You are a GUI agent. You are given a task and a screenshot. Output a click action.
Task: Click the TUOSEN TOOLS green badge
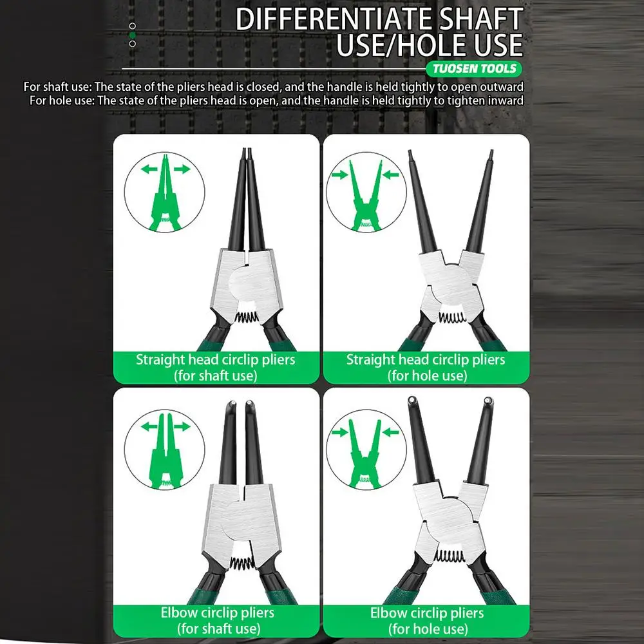coord(473,69)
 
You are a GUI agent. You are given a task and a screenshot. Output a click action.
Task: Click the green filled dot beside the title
coord(132,35)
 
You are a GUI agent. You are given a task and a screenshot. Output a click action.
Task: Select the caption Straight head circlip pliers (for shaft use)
coord(216,367)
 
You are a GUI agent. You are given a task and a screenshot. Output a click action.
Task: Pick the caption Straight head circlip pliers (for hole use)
coord(426,367)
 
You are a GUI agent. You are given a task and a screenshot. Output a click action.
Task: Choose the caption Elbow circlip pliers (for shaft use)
coord(218,620)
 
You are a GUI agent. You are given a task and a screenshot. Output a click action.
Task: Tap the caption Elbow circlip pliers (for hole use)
coord(427,621)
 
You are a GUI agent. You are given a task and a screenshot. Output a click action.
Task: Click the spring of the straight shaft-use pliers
coord(247,317)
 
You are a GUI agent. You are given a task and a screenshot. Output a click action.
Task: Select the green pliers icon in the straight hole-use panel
coord(366,196)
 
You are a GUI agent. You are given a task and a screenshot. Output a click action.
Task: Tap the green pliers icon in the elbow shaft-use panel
coord(166,451)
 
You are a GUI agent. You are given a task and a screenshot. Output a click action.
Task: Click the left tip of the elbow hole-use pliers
coord(411,400)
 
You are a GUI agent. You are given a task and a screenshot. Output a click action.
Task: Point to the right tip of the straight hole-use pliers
coord(491,153)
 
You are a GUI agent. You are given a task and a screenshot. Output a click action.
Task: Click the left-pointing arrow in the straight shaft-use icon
coord(149,168)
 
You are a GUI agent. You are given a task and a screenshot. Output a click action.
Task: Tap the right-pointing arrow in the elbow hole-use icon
coord(339,432)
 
